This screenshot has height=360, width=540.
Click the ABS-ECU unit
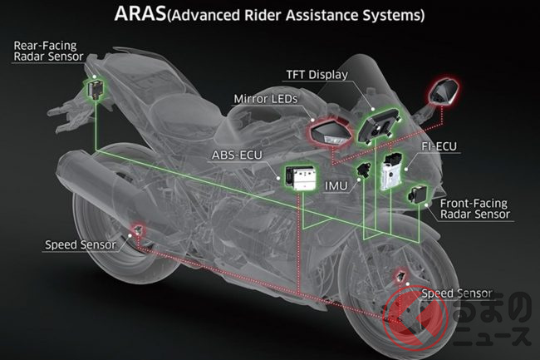(x=300, y=176)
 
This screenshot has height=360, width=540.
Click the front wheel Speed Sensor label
(x=458, y=293)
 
